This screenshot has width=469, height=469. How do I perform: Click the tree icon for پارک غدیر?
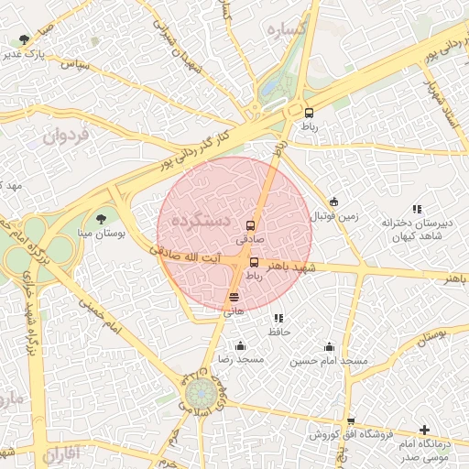click(x=24, y=39)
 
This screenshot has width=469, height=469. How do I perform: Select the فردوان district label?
click(x=67, y=137)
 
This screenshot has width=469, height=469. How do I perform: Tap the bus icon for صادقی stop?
click(x=251, y=224)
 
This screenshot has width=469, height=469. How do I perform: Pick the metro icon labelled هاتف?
click(x=234, y=297)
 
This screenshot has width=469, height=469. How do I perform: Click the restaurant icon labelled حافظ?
click(x=278, y=318)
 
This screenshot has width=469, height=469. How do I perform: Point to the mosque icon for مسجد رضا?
click(x=240, y=345)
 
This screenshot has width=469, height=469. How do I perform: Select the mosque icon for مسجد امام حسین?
click(x=329, y=346)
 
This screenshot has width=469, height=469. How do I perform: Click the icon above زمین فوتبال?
click(x=334, y=202)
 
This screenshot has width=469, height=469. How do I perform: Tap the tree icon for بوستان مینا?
click(x=101, y=219)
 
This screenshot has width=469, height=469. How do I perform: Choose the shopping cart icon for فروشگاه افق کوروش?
click(x=351, y=420)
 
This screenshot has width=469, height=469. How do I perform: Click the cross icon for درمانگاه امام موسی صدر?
click(x=424, y=430)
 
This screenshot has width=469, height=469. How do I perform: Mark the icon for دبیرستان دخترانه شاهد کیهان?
click(x=417, y=209)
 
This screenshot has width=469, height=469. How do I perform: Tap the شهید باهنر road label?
click(x=291, y=267)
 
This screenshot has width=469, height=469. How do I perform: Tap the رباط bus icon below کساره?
click(x=309, y=113)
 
